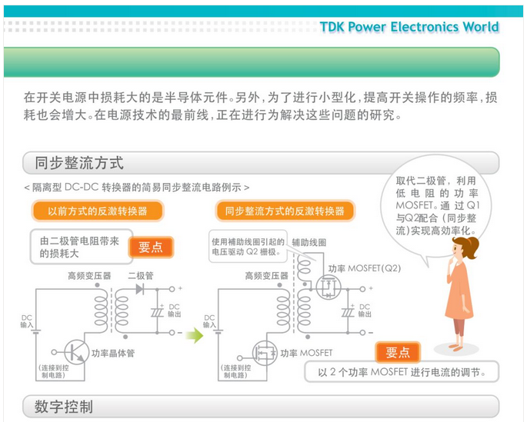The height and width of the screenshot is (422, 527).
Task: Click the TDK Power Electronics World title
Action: pyautogui.click(x=409, y=28)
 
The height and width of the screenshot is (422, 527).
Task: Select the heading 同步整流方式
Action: pyautogui.click(x=79, y=163)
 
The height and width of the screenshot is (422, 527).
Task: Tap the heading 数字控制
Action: pyautogui.click(x=64, y=406)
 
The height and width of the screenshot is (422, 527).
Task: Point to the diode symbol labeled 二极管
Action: pyautogui.click(x=140, y=290)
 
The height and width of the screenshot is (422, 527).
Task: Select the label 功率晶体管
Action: pyautogui.click(x=112, y=354)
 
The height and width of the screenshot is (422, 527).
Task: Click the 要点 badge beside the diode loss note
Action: pyautogui.click(x=151, y=247)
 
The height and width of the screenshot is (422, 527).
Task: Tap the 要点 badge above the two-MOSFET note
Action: pyautogui.click(x=398, y=352)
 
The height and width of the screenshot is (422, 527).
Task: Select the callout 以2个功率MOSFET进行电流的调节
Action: pyautogui.click(x=400, y=373)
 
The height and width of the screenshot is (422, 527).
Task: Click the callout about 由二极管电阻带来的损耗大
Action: pyautogui.click(x=80, y=246)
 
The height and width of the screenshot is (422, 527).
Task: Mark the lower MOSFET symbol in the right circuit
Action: pyautogui.click(x=262, y=353)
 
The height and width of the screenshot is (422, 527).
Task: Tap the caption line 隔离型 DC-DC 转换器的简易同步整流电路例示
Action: pyautogui.click(x=137, y=188)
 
